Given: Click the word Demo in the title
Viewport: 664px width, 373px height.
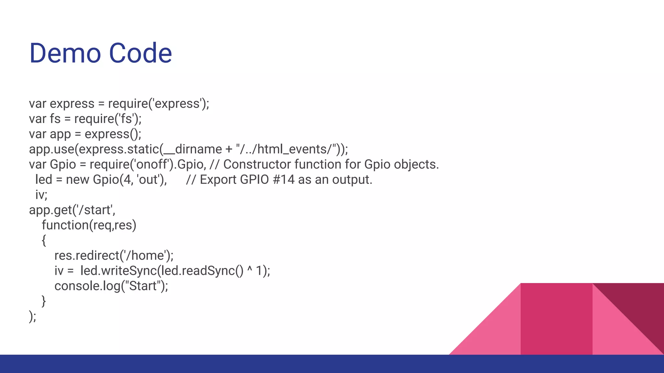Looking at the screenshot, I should point(65,53).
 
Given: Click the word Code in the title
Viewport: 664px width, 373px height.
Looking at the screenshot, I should point(140,53).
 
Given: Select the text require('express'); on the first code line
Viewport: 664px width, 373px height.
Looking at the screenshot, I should point(159,104).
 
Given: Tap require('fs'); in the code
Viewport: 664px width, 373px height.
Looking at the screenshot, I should point(108,119).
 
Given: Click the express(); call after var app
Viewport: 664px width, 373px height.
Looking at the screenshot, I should point(113,134).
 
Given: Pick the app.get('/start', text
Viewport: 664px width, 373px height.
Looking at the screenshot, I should point(72,210).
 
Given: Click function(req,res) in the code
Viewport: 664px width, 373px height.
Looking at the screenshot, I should point(89,225).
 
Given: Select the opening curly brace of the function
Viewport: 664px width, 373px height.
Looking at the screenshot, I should point(44,240).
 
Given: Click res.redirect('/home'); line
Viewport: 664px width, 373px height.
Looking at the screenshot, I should point(114,256).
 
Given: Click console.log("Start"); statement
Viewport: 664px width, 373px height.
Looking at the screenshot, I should point(111,286).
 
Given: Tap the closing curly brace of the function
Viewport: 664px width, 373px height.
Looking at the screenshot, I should point(44,301).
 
